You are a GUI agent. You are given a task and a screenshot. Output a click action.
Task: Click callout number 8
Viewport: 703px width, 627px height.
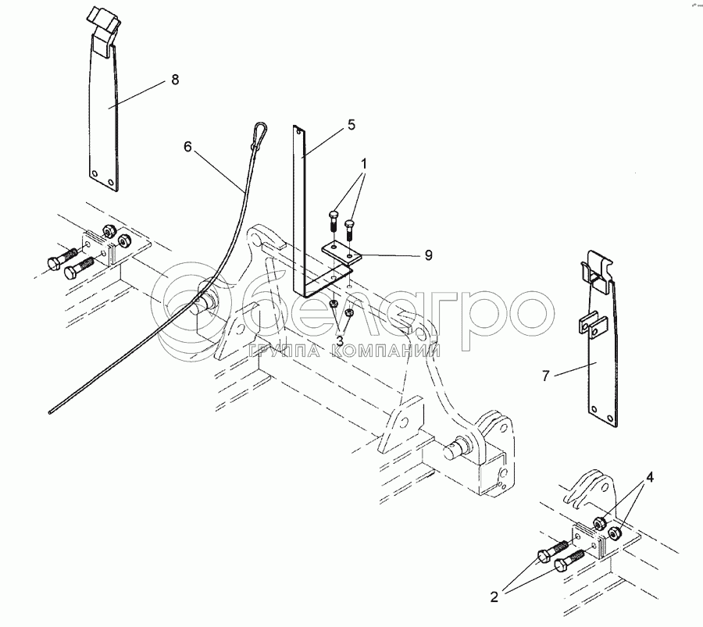coord(175,80)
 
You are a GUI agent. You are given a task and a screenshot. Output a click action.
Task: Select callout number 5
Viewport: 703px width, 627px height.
coord(351,125)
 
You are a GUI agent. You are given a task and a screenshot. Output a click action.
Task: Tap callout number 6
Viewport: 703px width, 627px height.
coord(187,147)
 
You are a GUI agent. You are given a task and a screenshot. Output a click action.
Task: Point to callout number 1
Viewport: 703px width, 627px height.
coord(364,164)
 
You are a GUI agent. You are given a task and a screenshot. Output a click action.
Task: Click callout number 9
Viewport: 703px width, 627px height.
coord(429,255)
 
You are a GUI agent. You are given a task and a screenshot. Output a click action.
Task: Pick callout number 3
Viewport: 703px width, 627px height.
coord(340,341)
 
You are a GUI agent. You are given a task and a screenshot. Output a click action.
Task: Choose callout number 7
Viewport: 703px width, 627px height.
coord(545,376)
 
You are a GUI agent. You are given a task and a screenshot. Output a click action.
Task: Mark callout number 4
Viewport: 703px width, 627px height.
coord(649,478)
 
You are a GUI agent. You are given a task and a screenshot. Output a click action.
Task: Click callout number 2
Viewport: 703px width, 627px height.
coord(494,597)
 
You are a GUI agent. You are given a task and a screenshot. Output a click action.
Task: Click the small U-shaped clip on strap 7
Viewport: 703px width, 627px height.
coord(592,325)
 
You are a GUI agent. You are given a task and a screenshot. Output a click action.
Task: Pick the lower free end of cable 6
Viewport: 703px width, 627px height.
coord(50,411)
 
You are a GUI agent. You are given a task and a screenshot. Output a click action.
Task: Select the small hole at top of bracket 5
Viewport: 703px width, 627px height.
coord(298,131)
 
